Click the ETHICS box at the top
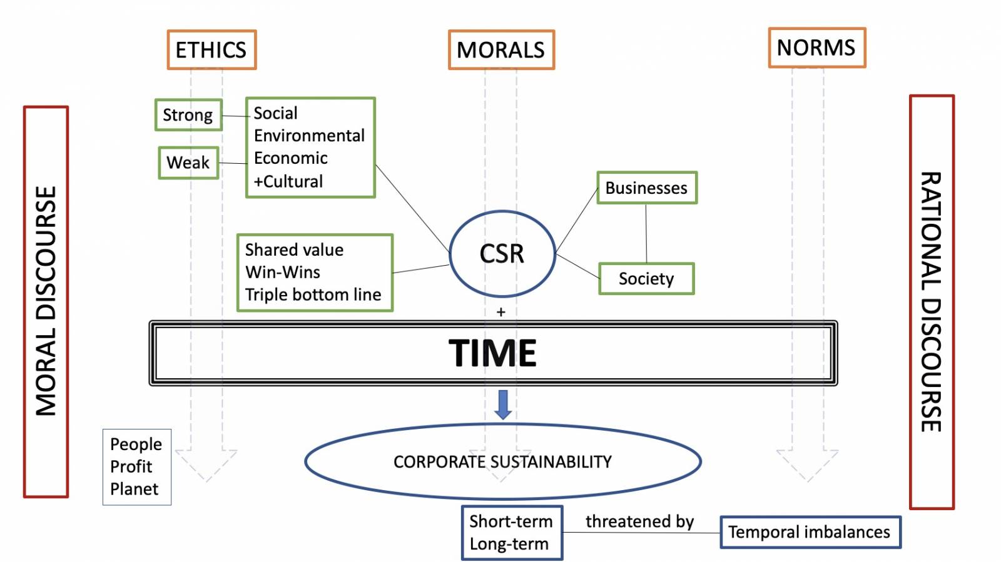tap(211, 49)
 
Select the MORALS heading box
tap(501, 49)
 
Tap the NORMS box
tap(816, 48)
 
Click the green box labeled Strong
tap(188, 115)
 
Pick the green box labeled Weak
tap(188, 163)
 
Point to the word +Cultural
tap(288, 181)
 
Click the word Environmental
tap(309, 136)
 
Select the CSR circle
tap(502, 254)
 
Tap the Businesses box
tap(646, 188)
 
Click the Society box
tap(646, 279)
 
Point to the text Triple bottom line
tap(313, 294)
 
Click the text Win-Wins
tap(283, 272)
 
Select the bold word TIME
tap(493, 353)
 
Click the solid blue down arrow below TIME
tap(503, 404)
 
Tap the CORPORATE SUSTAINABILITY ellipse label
tap(502, 462)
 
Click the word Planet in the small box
tap(134, 489)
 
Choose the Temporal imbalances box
tap(810, 532)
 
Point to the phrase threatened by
tap(639, 521)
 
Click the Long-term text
tap(509, 544)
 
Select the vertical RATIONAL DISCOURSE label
tap(931, 302)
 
